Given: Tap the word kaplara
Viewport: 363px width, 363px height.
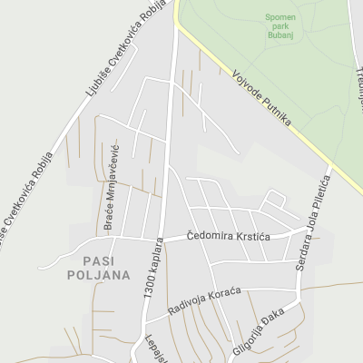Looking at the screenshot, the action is (x=159, y=253).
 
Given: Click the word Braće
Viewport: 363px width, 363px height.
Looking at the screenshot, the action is (x=108, y=221).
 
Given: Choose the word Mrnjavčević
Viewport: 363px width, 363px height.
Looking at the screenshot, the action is (x=114, y=176).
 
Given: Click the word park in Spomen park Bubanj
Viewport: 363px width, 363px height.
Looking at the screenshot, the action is (x=280, y=28).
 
